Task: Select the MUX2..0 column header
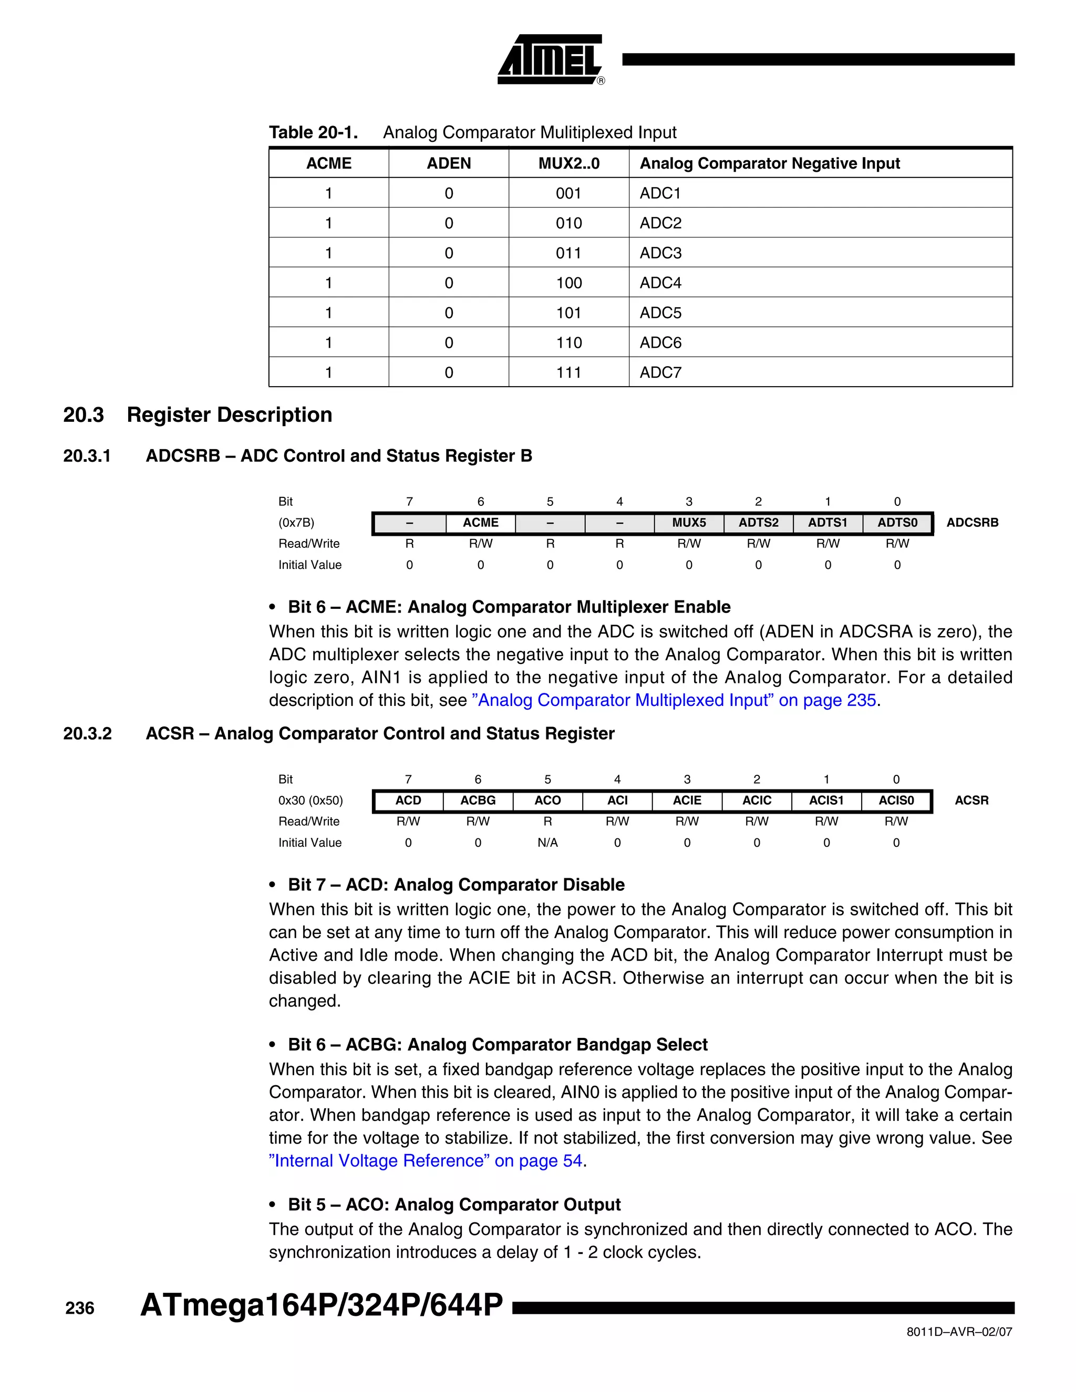pyautogui.click(x=568, y=163)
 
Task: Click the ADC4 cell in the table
pyautogui.click(x=660, y=283)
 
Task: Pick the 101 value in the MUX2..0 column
pyautogui.click(x=568, y=313)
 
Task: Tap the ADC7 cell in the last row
pyautogui.click(x=660, y=372)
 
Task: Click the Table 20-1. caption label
pyautogui.click(x=313, y=132)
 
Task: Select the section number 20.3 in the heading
pyautogui.click(x=83, y=414)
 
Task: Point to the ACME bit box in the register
pyautogui.click(x=480, y=523)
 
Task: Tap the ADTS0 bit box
pyautogui.click(x=897, y=523)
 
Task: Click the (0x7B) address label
pyautogui.click(x=296, y=523)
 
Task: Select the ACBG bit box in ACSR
pyautogui.click(x=478, y=801)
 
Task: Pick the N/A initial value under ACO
pyautogui.click(x=547, y=843)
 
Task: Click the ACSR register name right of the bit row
pyautogui.click(x=971, y=801)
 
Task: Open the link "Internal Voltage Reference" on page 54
pyautogui.click(x=426, y=1161)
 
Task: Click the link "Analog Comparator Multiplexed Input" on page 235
pyautogui.click(x=676, y=700)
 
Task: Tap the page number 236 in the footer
pyautogui.click(x=80, y=1308)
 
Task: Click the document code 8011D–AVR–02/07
pyautogui.click(x=959, y=1332)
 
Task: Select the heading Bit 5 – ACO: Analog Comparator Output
pyautogui.click(x=454, y=1204)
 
